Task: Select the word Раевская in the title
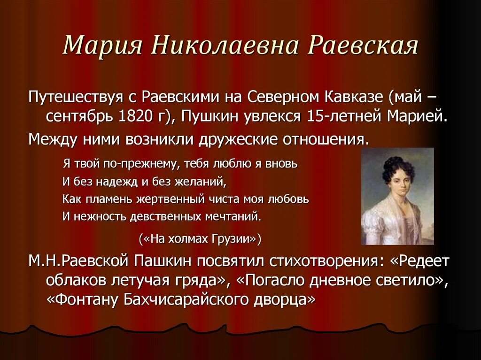click(x=363, y=45)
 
